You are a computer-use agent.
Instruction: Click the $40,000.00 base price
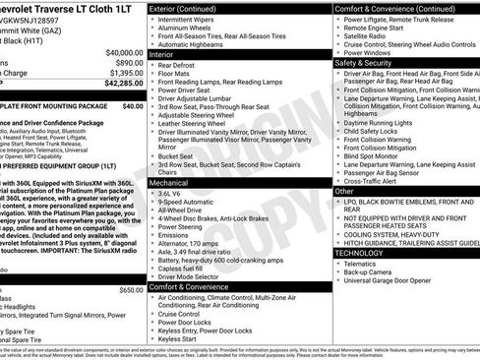pos(123,51)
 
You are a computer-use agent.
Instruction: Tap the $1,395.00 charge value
pos(126,72)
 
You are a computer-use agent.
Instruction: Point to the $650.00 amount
pos(131,289)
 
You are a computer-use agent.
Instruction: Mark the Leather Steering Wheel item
pos(203,124)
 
